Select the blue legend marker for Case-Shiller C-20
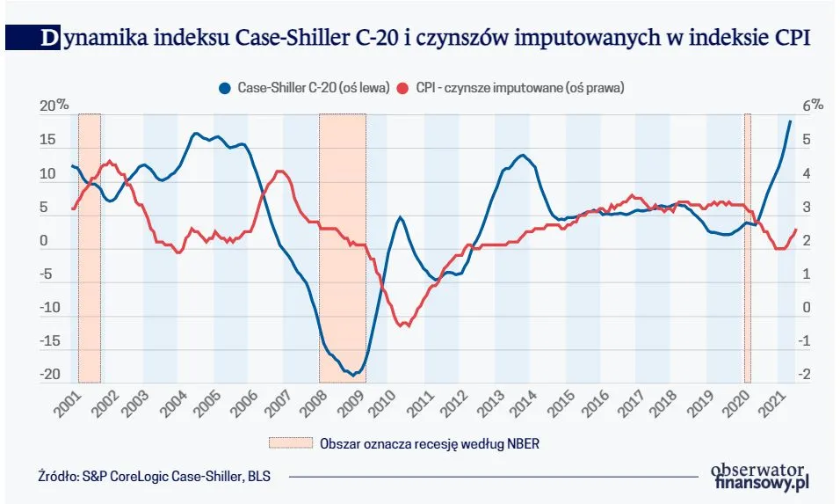pos(225,88)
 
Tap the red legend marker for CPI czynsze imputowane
pos(403,88)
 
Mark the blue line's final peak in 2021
pos(790,121)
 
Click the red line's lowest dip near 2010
pos(404,326)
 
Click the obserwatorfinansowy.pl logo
pos(760,477)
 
